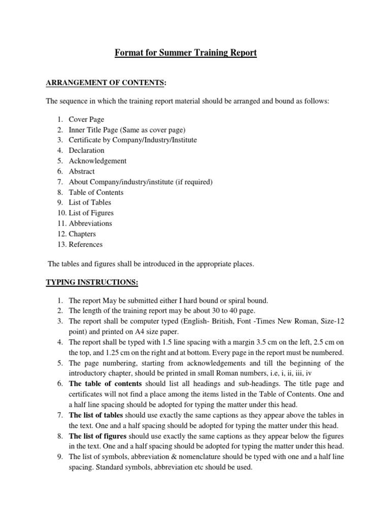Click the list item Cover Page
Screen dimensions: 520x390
[x=86, y=119]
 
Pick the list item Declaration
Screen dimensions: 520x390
[x=86, y=150]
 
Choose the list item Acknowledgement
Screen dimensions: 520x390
[x=97, y=161]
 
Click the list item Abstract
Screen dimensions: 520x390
[x=82, y=171]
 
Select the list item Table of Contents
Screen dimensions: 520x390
[x=96, y=192]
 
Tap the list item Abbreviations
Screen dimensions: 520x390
[x=90, y=223]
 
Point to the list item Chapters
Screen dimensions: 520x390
[x=82, y=234]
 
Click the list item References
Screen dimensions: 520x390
[x=85, y=244]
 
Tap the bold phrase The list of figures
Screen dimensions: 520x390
[x=99, y=436]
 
